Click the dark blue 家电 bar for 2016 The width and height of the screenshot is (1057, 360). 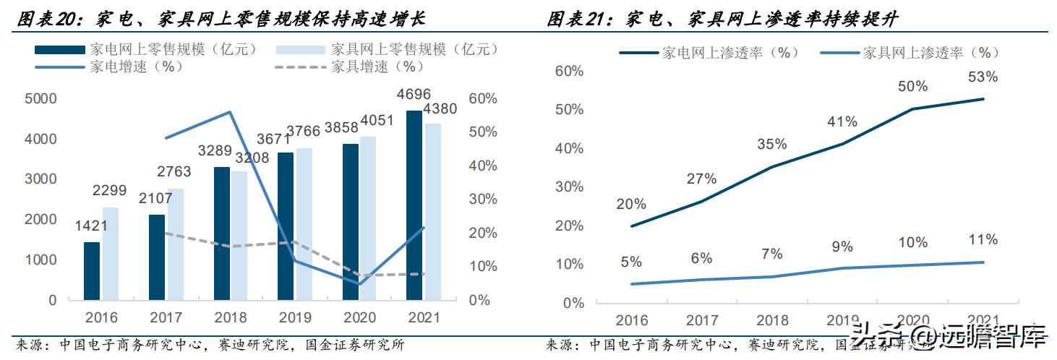[92, 271]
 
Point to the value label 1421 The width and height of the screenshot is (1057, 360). [91, 226]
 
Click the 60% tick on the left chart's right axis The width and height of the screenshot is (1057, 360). [484, 98]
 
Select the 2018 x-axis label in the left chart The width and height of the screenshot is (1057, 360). [231, 317]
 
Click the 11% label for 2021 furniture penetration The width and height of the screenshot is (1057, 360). [983, 240]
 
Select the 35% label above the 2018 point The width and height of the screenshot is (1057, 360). [772, 144]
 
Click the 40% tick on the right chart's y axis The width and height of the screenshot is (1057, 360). [569, 148]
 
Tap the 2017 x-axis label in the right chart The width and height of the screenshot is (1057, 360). [701, 320]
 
